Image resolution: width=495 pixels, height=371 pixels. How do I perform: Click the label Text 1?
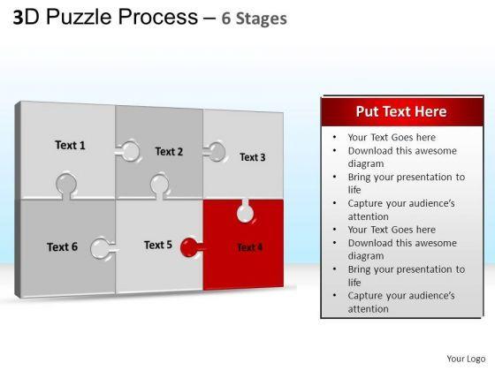(70, 145)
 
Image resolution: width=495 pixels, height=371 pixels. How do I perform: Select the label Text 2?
(169, 151)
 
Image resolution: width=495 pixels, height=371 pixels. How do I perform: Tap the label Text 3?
(252, 157)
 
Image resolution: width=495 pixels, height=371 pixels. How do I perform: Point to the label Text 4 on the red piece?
(249, 247)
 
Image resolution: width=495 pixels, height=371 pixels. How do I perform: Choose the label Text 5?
(158, 245)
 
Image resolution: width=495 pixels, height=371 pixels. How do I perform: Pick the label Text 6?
(62, 246)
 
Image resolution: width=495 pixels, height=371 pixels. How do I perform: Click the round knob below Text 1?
(66, 185)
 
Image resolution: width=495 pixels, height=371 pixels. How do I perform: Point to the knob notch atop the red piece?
(245, 211)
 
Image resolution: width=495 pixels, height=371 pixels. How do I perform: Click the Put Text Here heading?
(401, 111)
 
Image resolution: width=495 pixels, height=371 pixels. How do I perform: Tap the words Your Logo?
(466, 359)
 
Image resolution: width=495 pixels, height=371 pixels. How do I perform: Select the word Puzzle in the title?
(79, 17)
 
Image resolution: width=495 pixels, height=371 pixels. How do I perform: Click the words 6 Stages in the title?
(255, 19)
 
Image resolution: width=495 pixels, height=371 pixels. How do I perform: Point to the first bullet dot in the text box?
(334, 137)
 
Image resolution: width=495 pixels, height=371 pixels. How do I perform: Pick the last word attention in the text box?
(368, 309)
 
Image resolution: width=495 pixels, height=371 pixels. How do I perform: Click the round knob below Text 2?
(160, 186)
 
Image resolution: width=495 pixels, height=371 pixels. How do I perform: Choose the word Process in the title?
(157, 17)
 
